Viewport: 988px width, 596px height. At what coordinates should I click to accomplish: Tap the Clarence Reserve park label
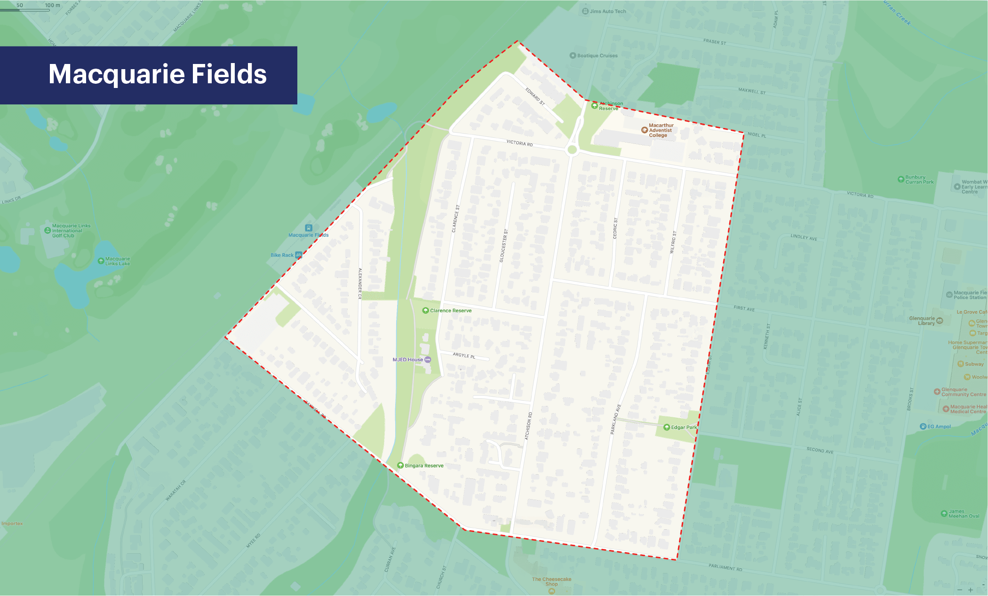tap(450, 310)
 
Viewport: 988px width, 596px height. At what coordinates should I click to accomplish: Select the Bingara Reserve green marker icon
tap(400, 465)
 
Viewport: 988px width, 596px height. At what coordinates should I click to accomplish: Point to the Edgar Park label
tap(684, 427)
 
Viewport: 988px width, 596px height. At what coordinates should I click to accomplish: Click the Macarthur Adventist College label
tap(661, 130)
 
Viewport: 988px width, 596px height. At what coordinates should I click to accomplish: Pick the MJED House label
tap(408, 360)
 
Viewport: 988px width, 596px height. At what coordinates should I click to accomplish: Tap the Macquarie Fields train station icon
tap(309, 228)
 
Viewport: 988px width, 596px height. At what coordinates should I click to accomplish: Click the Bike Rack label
tap(282, 255)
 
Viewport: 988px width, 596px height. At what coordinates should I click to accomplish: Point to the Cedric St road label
tap(615, 228)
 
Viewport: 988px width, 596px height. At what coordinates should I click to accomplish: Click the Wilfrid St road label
tap(673, 242)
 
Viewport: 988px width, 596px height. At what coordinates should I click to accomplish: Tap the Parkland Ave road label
tap(615, 419)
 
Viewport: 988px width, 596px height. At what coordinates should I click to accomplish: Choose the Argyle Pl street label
tap(464, 355)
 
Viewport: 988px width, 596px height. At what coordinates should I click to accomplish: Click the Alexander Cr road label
tap(360, 283)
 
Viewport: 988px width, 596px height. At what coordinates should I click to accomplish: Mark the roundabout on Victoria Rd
tap(572, 150)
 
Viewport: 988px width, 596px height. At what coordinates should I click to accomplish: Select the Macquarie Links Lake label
tap(117, 261)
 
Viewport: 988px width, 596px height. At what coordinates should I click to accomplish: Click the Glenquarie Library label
tap(922, 321)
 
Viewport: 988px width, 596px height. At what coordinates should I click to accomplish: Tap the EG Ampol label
tap(939, 427)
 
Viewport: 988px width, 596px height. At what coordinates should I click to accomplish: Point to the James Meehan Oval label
tap(964, 514)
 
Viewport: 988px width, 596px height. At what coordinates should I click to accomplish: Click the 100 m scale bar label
tap(52, 5)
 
